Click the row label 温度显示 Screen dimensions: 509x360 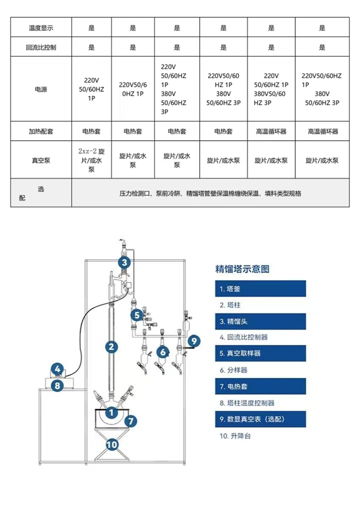[x=41, y=28]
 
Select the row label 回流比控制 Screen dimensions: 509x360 [x=41, y=48]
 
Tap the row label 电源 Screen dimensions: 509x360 [x=41, y=89]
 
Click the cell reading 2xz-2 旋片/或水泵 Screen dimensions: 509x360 [x=91, y=160]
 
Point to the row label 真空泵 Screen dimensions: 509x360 [x=41, y=160]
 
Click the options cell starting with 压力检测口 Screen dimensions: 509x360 [x=210, y=194]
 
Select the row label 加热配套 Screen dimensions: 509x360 [x=41, y=131]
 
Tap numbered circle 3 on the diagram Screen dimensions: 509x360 [x=124, y=262]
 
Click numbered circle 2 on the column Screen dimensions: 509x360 [x=111, y=346]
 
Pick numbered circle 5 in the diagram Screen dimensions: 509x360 [x=137, y=315]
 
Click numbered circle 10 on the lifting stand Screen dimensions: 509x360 [x=111, y=444]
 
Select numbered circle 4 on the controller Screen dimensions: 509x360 [x=57, y=369]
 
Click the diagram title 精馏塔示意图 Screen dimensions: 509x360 [x=242, y=269]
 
